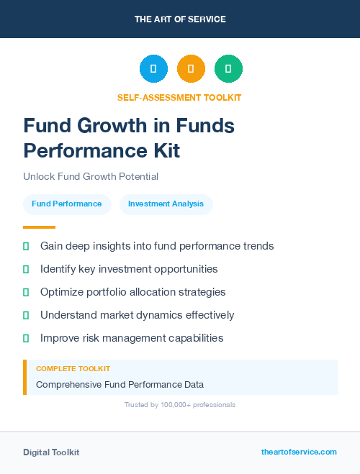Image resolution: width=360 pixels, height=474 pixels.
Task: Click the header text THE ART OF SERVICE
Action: pos(180,19)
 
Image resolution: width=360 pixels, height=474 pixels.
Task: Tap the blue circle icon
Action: pos(153,68)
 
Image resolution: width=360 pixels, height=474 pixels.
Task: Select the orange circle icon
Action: pos(191,68)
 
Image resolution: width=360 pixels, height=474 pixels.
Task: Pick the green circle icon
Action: pos(228,68)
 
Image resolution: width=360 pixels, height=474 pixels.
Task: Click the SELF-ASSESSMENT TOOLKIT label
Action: pos(179,97)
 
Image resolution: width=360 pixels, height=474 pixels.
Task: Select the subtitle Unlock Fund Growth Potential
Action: pos(91,176)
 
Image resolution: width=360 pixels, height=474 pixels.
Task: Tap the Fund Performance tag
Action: pos(67,204)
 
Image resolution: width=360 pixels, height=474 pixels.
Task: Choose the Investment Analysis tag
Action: pos(166,204)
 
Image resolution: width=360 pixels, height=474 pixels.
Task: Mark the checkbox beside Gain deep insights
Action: pos(26,246)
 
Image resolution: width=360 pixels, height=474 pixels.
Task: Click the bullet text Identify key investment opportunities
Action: pos(129,269)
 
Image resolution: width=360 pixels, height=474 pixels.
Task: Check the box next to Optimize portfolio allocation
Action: pos(26,292)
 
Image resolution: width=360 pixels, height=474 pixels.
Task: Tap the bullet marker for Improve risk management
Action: pos(26,338)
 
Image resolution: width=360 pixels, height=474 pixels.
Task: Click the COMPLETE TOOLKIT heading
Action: pos(73,368)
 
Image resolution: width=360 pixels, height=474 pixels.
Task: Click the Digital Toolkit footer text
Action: pos(51,452)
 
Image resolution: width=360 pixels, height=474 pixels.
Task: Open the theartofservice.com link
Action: pos(299,452)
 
